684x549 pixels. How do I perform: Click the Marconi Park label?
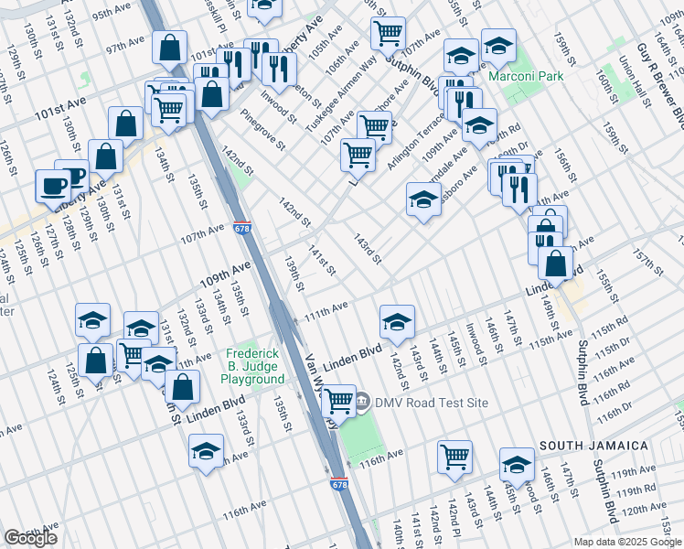tap(526, 77)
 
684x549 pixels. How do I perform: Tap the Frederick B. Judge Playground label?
tap(256, 366)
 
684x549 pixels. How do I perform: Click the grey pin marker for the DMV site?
tap(362, 402)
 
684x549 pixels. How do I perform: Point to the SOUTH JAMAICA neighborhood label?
tap(593, 446)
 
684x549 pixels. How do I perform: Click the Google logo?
tap(30, 538)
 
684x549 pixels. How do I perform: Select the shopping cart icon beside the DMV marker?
tap(339, 400)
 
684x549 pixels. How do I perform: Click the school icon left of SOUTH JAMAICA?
tap(517, 464)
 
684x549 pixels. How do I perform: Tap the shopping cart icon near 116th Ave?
tap(454, 456)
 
